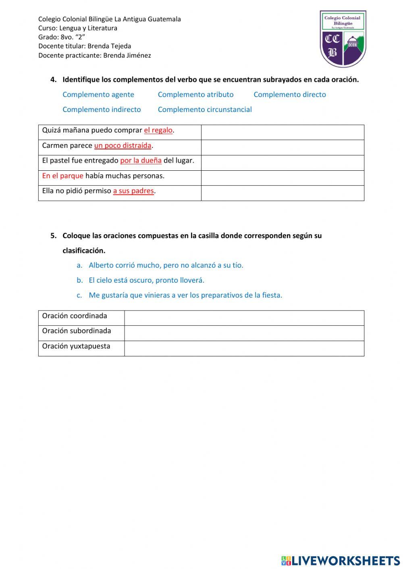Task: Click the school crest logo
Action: [343, 39]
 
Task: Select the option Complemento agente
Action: [98, 95]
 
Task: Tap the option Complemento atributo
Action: [195, 95]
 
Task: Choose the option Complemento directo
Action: [289, 95]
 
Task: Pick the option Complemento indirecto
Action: [102, 110]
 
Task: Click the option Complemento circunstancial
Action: [204, 110]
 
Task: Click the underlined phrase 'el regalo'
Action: [158, 130]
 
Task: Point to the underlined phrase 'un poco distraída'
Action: [123, 146]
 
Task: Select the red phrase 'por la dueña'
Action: [141, 161]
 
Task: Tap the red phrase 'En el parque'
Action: [62, 176]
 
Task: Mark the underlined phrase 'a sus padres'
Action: [133, 191]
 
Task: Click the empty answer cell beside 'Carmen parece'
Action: [283, 147]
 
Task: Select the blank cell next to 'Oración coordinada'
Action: [244, 318]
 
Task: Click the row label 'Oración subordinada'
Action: [77, 331]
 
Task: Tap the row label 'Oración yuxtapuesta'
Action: [76, 346]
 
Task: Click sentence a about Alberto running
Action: [166, 265]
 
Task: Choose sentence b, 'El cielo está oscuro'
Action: [146, 280]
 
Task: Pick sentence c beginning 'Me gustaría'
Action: [185, 295]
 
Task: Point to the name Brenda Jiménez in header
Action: [127, 56]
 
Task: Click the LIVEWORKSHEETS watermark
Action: [341, 561]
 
